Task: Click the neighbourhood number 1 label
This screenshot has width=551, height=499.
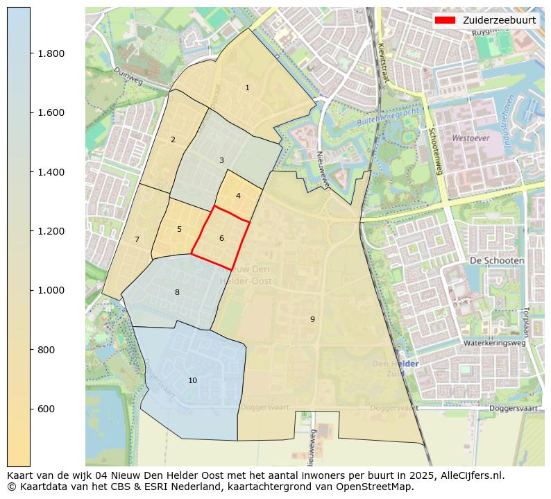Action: (247, 88)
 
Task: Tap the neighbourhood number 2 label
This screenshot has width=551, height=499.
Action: (173, 140)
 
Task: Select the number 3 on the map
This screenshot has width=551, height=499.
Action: (221, 161)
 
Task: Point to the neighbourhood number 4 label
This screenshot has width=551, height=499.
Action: (238, 196)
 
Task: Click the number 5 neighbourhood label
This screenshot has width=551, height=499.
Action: (179, 230)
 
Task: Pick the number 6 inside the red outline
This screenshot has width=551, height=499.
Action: (221, 239)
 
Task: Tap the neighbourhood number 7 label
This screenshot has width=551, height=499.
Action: (137, 240)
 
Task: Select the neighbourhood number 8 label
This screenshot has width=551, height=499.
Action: (177, 293)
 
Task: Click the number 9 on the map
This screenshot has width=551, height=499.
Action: (312, 319)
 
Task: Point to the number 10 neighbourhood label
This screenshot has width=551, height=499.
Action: (192, 381)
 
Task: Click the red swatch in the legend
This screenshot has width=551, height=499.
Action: (445, 20)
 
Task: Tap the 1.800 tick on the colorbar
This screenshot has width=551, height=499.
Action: (51, 53)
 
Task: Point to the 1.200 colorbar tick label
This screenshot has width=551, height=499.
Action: (51, 231)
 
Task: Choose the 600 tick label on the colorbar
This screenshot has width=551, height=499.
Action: (47, 409)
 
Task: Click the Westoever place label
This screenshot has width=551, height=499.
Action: (471, 138)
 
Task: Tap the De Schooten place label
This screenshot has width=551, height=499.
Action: (497, 260)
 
